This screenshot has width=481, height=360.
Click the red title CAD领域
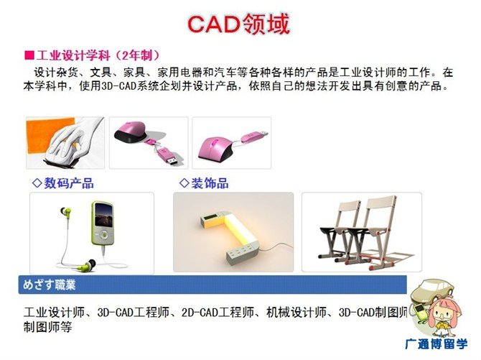coord(238,24)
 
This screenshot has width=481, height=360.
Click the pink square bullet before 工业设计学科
coord(29,55)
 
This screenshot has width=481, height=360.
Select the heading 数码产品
coord(69,183)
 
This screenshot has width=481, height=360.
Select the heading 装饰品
coord(210,183)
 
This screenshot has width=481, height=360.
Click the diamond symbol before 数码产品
coord(37,183)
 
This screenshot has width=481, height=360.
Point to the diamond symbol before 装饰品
coord(184,183)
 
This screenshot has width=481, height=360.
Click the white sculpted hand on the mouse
coord(74,140)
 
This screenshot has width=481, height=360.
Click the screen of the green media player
coord(103,215)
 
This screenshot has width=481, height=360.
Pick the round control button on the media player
coord(104,235)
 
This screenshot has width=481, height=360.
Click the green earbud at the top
coord(65,212)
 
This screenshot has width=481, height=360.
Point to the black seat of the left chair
coord(335,229)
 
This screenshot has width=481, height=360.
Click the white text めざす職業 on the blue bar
coord(49,285)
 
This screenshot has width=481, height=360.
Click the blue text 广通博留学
coord(436,343)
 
